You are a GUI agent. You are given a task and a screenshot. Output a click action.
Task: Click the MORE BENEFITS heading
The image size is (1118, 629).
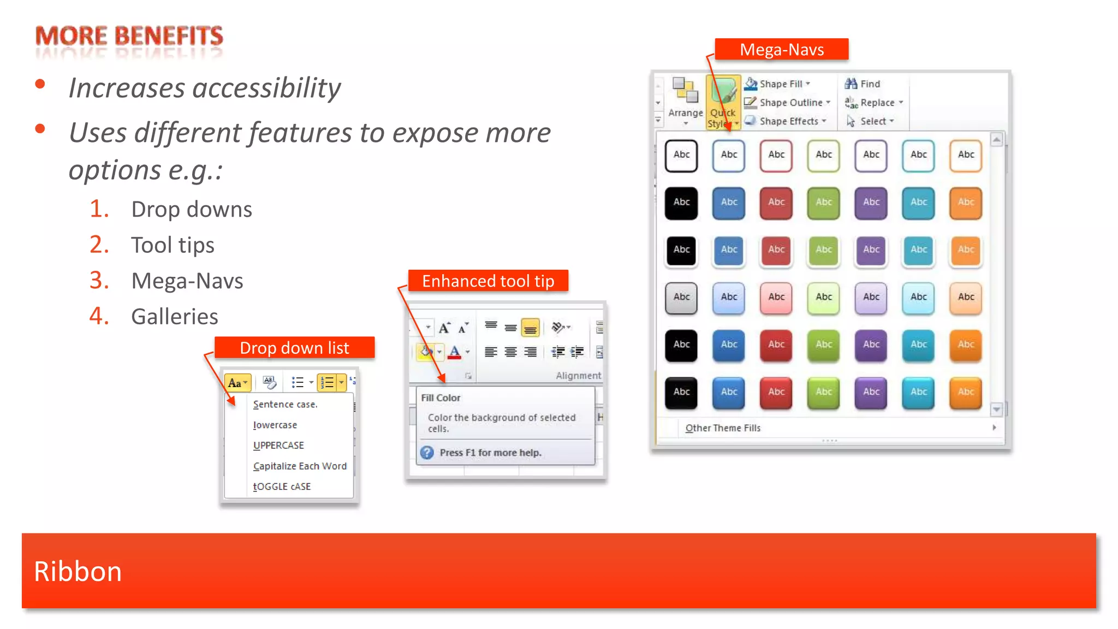129,36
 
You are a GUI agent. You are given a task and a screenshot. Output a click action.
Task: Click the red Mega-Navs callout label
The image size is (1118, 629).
781,49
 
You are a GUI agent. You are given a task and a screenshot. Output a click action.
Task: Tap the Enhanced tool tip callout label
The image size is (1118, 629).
488,281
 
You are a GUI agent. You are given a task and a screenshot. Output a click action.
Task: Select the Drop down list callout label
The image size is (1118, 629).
294,348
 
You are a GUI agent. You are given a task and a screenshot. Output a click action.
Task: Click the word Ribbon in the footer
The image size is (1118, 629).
78,571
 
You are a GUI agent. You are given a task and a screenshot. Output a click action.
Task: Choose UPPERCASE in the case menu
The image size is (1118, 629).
278,445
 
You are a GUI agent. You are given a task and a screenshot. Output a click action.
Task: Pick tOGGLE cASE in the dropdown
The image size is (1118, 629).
282,486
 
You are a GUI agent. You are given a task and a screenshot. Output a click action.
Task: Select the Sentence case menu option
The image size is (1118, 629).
285,404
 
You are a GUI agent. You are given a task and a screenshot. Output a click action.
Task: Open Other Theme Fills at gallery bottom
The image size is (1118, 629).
723,428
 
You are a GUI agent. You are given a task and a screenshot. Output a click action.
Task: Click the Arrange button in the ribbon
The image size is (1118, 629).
686,102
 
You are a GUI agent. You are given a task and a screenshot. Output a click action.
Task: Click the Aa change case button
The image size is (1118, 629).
237,383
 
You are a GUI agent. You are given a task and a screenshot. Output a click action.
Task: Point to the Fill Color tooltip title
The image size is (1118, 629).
441,397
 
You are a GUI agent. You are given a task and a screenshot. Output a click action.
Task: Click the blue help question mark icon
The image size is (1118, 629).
427,452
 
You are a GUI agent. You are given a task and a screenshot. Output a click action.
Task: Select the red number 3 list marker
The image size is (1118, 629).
99,280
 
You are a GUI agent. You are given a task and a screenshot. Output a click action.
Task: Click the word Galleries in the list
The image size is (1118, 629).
175,316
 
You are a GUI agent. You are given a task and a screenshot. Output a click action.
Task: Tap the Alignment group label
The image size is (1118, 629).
578,375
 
